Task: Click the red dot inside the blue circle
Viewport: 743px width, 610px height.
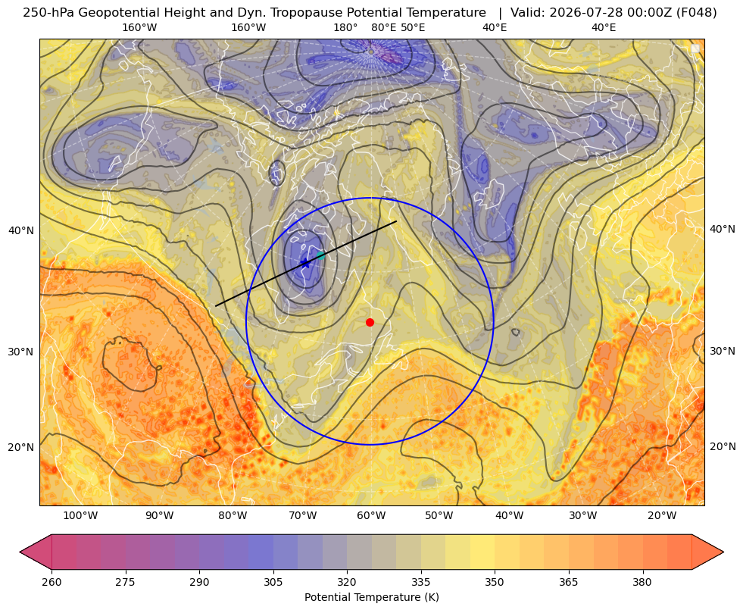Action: (x=370, y=322)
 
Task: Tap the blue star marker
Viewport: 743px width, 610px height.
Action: (x=305, y=263)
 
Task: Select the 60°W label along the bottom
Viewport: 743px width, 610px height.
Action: (x=371, y=516)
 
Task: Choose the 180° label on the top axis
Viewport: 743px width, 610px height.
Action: (x=345, y=27)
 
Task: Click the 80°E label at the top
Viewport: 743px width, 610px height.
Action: (x=383, y=27)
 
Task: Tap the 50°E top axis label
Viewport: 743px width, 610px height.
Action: (x=413, y=27)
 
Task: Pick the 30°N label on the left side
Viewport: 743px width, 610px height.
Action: (x=21, y=352)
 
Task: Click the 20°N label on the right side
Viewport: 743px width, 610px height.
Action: (x=723, y=446)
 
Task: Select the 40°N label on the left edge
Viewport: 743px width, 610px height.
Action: (x=21, y=231)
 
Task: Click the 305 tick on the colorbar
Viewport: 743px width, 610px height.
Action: (x=273, y=582)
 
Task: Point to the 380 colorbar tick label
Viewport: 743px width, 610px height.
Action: (x=642, y=582)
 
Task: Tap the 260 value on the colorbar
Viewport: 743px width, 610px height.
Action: (x=52, y=582)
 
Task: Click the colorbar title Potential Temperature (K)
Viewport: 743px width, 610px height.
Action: (x=371, y=597)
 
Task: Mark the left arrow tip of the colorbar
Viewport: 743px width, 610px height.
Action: (x=20, y=552)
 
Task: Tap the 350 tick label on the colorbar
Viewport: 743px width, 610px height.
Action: (x=495, y=582)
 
